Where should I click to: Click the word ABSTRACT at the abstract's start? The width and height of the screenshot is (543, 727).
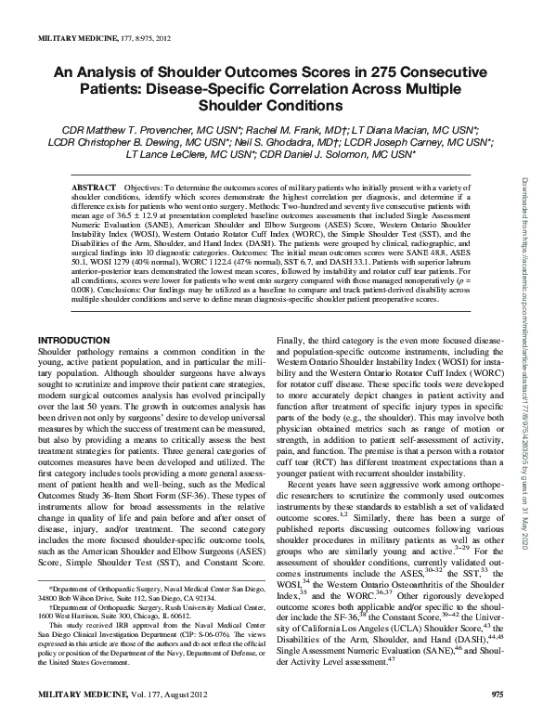[95, 188]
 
